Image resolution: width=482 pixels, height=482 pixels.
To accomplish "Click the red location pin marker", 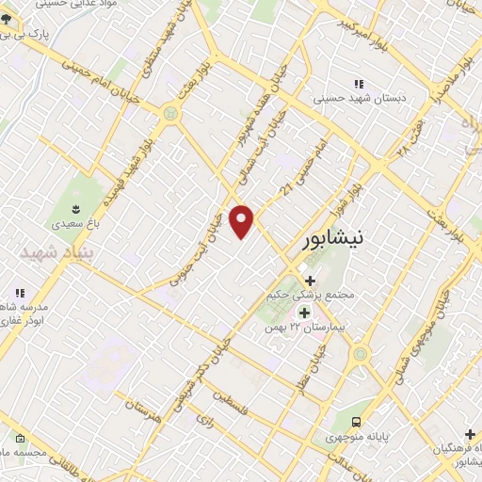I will [x=242, y=221].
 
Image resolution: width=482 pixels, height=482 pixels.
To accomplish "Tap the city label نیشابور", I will [x=335, y=242].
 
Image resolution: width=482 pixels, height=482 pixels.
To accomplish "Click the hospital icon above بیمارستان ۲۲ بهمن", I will [x=304, y=312].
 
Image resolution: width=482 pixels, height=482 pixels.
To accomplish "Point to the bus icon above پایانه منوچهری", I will [x=356, y=423].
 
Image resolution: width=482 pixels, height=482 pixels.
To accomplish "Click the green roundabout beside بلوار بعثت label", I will [x=170, y=114].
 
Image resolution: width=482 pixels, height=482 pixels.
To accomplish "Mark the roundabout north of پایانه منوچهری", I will [x=361, y=355].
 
